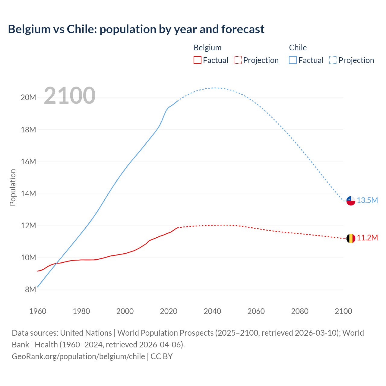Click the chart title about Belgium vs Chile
coord(136,29)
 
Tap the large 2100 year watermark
coord(70,96)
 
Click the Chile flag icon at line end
coord(351,201)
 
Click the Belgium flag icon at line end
coord(351,238)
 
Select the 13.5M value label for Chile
coord(367,201)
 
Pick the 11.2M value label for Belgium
coord(367,238)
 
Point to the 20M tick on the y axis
coord(28,97)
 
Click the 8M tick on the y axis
coord(30,289)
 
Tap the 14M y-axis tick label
coord(28,194)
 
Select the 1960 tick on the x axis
coord(38,311)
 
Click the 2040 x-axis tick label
coord(212,311)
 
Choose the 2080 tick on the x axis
coord(300,311)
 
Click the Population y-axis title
coord(13,187)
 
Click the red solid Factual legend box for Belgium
coord(197,60)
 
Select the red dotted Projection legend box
coord(238,60)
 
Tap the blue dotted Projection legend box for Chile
coord(333,60)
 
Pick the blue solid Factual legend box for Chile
coord(293,60)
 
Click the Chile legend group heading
coord(298,48)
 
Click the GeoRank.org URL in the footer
coord(78,356)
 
